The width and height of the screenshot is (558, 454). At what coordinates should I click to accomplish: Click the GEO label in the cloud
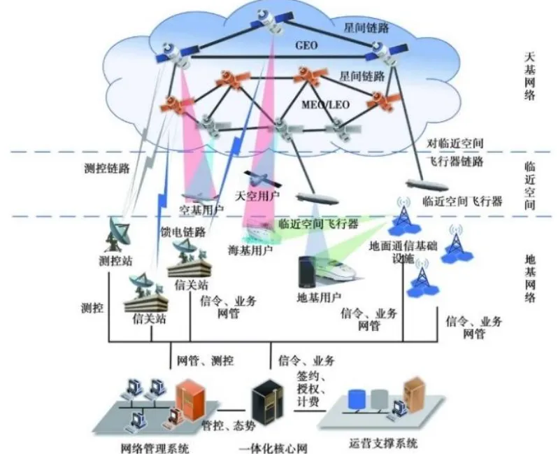coord(307,44)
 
